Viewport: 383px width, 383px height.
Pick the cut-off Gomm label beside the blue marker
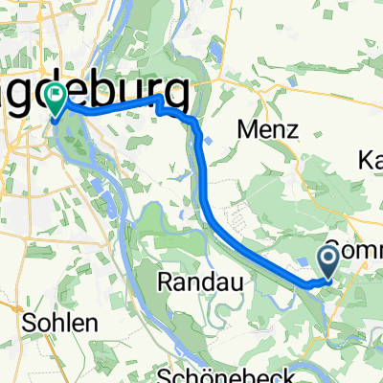click(x=354, y=249)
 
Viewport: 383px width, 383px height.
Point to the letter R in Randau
click(x=163, y=282)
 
